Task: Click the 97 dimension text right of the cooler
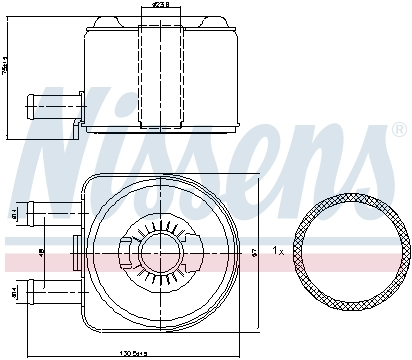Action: tap(256, 252)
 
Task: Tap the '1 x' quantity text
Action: tap(279, 251)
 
